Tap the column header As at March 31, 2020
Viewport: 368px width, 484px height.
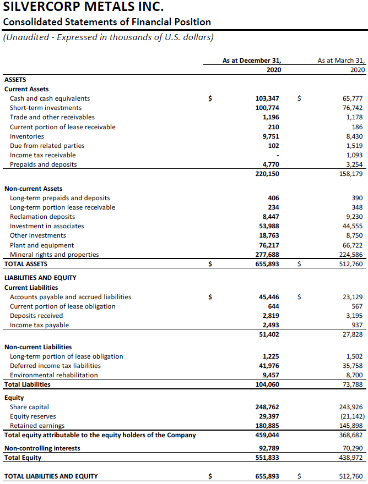coord(341,65)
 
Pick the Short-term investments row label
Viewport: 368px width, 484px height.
coord(46,108)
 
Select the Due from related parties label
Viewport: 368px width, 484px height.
coord(47,146)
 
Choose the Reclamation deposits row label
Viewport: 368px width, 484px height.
coord(42,217)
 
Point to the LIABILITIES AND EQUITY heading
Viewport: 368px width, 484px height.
coord(40,278)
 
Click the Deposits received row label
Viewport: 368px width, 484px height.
coord(36,316)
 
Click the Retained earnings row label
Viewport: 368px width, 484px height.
coord(37,426)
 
